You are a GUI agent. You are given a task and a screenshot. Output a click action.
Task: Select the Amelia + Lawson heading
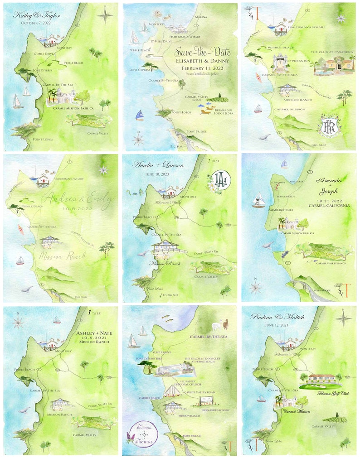tap(157, 166)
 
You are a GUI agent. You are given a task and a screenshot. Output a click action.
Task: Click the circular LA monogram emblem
tap(219, 177)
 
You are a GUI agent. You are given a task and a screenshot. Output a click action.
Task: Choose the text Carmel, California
tap(330, 205)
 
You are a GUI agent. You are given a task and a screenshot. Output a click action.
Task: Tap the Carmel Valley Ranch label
tap(331, 263)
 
